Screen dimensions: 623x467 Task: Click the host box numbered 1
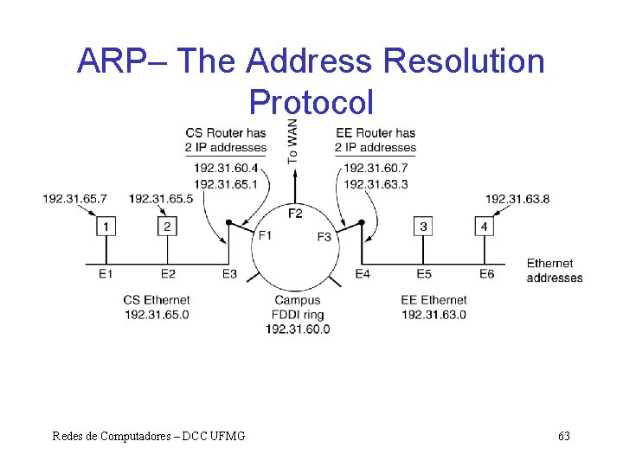(x=106, y=227)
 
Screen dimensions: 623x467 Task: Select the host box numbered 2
(x=167, y=227)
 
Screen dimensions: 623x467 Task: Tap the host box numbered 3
(x=423, y=227)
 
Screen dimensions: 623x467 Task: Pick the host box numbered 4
(x=485, y=227)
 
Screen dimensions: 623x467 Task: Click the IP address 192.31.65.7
(x=75, y=199)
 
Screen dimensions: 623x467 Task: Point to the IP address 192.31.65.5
(x=161, y=199)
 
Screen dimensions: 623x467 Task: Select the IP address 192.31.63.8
(x=517, y=199)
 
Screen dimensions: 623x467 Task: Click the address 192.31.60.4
(x=226, y=168)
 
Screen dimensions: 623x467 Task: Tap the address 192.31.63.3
(x=376, y=184)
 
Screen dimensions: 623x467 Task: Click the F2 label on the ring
(x=295, y=213)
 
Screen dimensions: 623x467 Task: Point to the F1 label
(x=265, y=235)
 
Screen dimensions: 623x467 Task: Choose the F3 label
(x=324, y=237)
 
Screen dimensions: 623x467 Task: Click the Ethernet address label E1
(x=106, y=274)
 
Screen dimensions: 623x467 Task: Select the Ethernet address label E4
(x=363, y=274)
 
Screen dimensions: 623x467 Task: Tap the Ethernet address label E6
(x=487, y=274)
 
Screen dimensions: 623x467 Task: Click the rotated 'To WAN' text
(x=293, y=142)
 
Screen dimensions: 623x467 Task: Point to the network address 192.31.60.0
(x=297, y=329)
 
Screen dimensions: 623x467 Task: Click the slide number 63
(x=564, y=436)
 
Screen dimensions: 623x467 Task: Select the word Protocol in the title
(x=311, y=102)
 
